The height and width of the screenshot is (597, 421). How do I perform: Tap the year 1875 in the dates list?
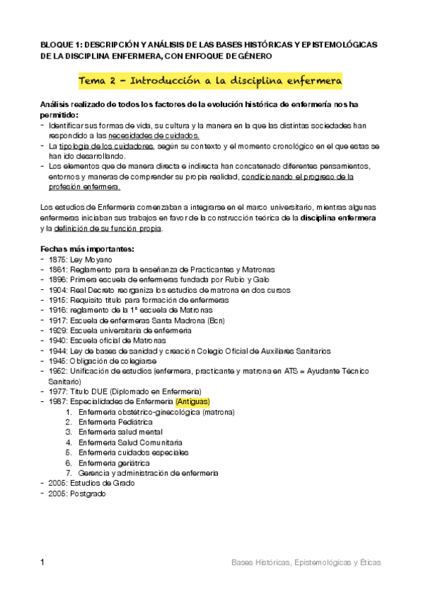[x=59, y=259]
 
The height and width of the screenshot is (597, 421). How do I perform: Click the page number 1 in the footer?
[x=44, y=563]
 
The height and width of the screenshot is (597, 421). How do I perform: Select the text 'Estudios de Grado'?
[x=102, y=483]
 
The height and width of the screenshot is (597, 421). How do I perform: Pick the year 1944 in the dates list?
[x=59, y=350]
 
